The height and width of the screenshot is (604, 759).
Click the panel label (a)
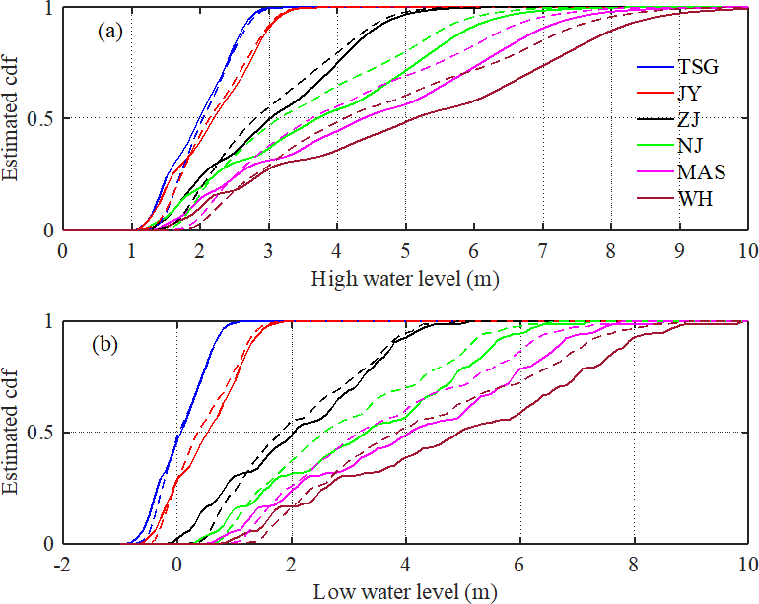[109, 31]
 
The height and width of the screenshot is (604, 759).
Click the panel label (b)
[109, 346]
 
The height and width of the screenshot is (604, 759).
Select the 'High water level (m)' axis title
[405, 278]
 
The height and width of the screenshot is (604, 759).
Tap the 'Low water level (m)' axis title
[405, 592]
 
